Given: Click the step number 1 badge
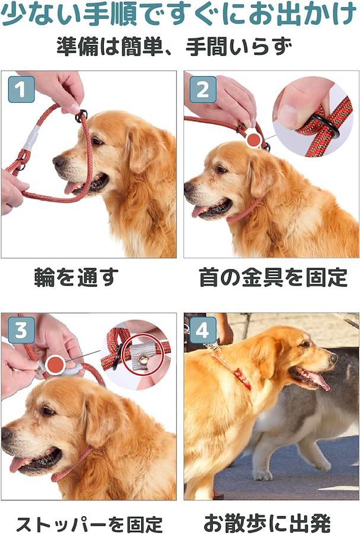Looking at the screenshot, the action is coord(21,89).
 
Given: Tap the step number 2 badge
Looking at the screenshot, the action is coord(203,89).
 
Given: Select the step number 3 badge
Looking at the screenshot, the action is coord(21,330).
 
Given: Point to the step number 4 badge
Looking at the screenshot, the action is coord(203,330).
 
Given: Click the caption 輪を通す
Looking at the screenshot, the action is coord(77,277).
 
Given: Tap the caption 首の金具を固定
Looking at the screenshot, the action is coord(273,277).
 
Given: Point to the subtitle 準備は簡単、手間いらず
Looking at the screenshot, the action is coord(174,47).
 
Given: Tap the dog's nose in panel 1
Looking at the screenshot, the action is coord(59,161).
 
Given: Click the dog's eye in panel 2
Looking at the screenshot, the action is coord(222,169).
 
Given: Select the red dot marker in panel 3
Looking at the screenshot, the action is coord(55,364).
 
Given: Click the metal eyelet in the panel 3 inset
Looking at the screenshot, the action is coord(144,360).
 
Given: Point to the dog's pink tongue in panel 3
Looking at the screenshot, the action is coord(20,464).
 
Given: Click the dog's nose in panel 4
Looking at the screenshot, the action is coord(333,358).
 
